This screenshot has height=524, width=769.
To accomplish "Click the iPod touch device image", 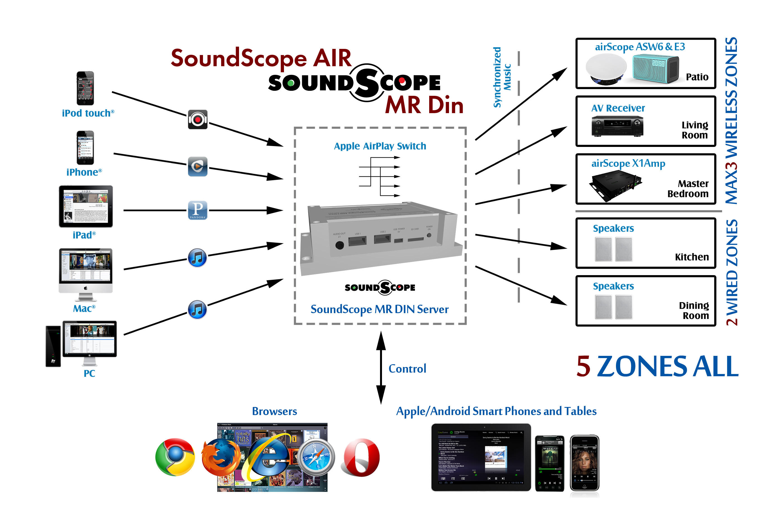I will tap(85, 88).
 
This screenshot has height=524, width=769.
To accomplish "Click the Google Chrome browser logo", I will tap(175, 457).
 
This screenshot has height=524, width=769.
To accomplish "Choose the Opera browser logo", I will tap(361, 458).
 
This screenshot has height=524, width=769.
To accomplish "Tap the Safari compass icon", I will tap(316, 457).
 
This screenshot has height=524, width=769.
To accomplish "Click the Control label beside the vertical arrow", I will tap(407, 369).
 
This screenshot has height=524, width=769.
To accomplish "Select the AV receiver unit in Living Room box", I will tap(617, 126).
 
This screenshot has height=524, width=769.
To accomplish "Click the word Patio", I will tap(697, 77).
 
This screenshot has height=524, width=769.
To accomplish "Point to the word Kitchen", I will tap(692, 257).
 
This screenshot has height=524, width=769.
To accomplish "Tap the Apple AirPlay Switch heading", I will tap(380, 146).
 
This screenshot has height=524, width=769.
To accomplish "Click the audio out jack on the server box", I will tap(340, 245).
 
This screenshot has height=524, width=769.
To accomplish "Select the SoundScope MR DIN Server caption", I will tap(379, 309).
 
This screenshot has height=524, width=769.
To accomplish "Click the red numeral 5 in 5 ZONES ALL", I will tap(583, 366).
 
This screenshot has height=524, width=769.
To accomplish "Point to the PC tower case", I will tap(53, 346).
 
